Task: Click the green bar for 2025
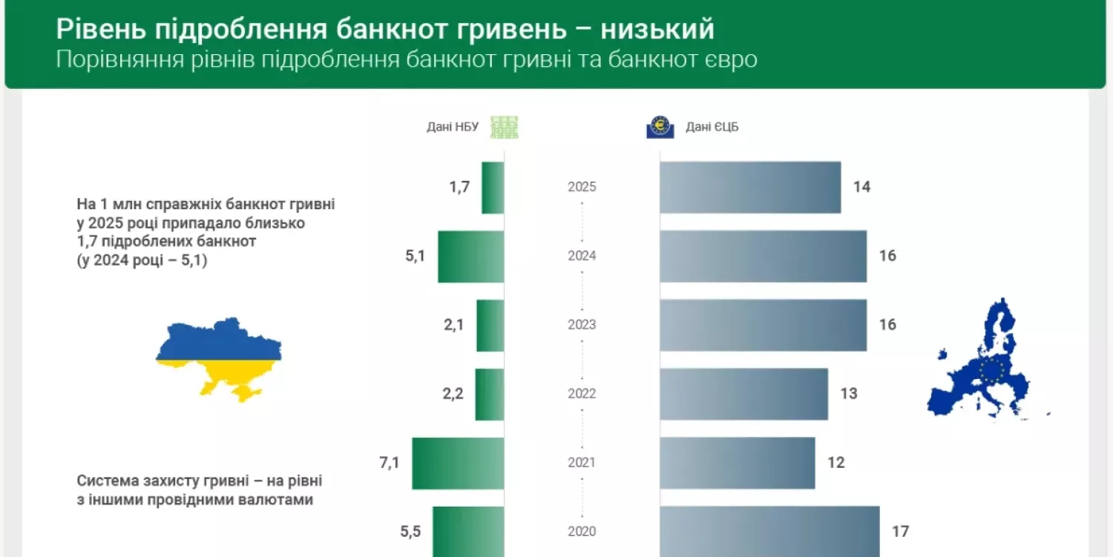[493, 188]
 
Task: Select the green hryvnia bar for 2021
[458, 464]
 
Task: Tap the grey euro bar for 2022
[743, 394]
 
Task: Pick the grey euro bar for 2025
[750, 188]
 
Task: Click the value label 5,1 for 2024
[416, 256]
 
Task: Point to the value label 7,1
[390, 463]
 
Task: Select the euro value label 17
[899, 531]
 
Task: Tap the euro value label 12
[836, 463]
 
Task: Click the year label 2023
[582, 325]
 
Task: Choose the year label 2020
[582, 531]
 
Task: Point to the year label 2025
[582, 187]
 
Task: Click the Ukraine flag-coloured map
[218, 360]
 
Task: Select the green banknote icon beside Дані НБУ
[505, 127]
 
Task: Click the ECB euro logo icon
[660, 127]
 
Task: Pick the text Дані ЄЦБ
[712, 127]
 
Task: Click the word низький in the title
[657, 29]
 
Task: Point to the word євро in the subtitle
[728, 59]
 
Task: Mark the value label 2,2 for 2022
[453, 394]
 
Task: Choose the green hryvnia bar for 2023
[490, 326]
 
